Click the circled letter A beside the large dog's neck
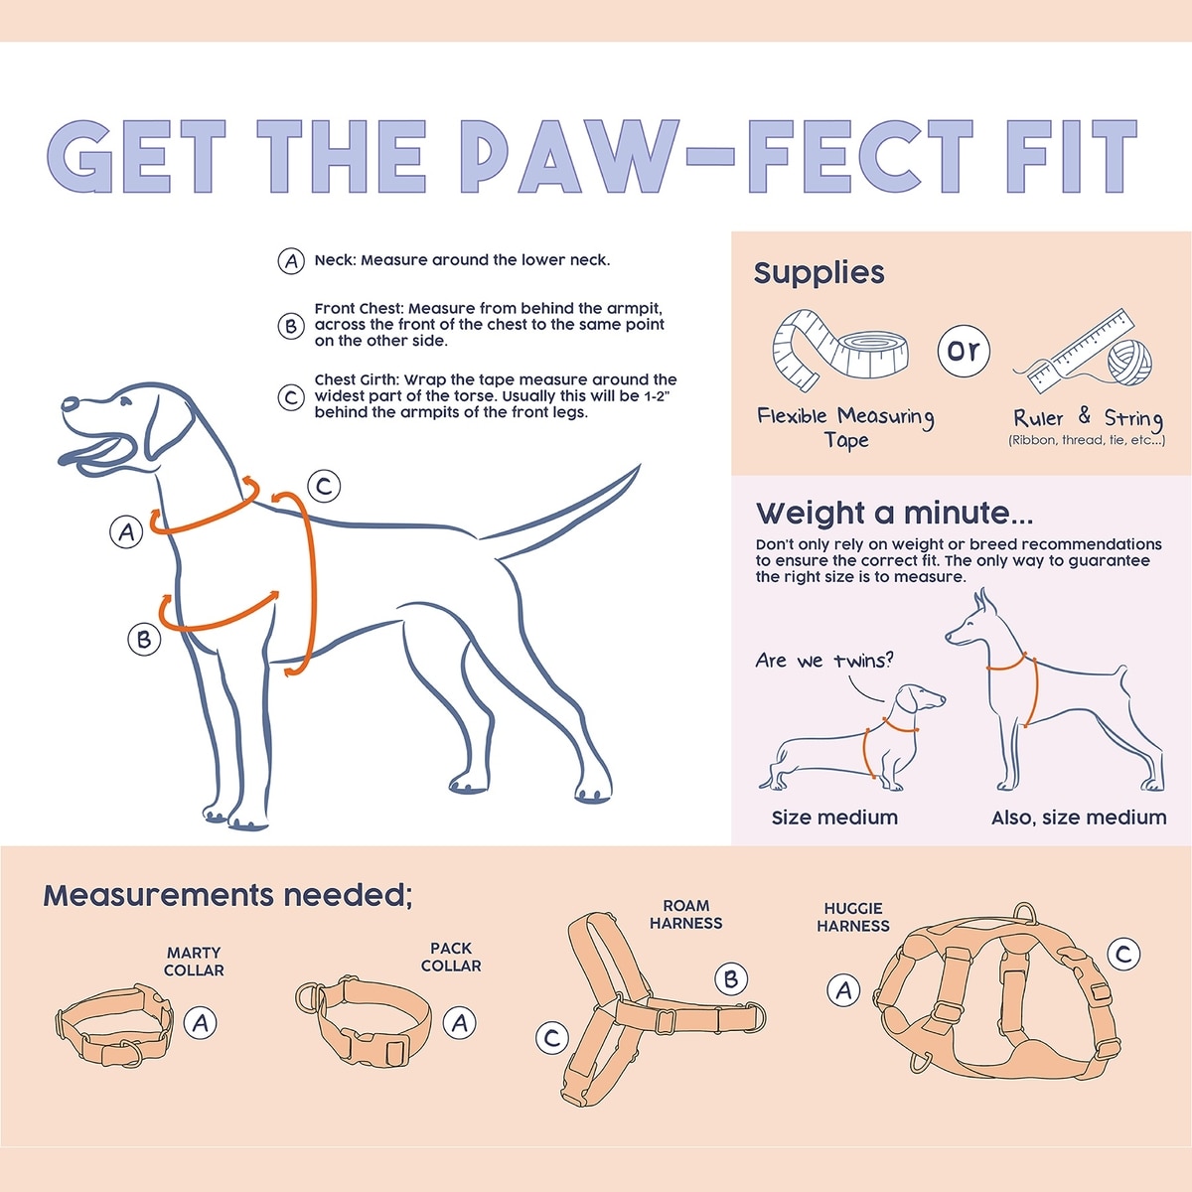(x=126, y=531)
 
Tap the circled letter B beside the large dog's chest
(x=144, y=639)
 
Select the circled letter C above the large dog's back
(x=324, y=486)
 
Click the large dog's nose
(x=70, y=404)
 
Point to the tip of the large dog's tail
(x=640, y=465)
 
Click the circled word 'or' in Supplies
(x=964, y=351)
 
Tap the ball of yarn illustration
(x=1128, y=363)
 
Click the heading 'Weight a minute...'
(x=894, y=513)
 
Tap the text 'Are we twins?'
(x=824, y=661)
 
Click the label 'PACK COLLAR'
(x=451, y=957)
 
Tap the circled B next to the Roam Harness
(x=731, y=978)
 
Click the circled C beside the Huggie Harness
(x=1123, y=954)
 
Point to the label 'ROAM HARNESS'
(x=685, y=914)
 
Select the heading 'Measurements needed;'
(x=227, y=895)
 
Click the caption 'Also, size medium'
(x=1079, y=818)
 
